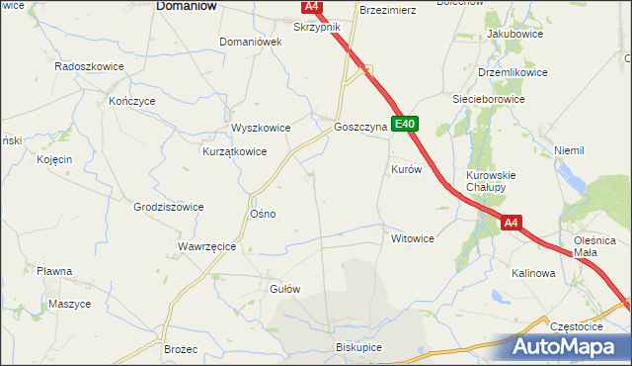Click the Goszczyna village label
[x=358, y=128]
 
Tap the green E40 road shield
[x=406, y=125]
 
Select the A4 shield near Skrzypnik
[x=312, y=7]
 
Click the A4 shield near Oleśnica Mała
[x=510, y=224]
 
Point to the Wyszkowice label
[x=261, y=128]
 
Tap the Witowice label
[x=413, y=238]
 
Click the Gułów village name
[x=284, y=289]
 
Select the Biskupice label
[x=358, y=348]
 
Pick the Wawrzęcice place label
[x=206, y=246]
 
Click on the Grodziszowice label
[x=168, y=207]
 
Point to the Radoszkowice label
[x=88, y=66]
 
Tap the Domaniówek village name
[x=251, y=42]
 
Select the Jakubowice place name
[x=511, y=34]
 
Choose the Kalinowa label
[x=533, y=273]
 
